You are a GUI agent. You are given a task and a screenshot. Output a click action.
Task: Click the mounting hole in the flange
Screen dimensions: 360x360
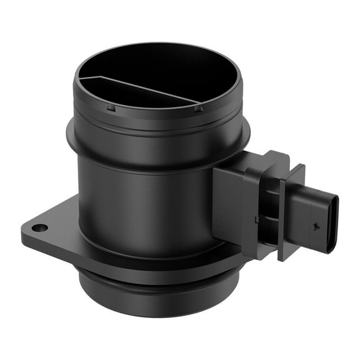pyautogui.click(x=39, y=228)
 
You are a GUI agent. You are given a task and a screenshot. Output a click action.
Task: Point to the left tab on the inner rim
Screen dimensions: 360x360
pyautogui.click(x=110, y=107)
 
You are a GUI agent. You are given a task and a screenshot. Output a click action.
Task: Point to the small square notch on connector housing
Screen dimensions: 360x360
pyautogui.click(x=257, y=219)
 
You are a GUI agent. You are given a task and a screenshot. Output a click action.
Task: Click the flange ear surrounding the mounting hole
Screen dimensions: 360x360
pyautogui.click(x=47, y=231)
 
